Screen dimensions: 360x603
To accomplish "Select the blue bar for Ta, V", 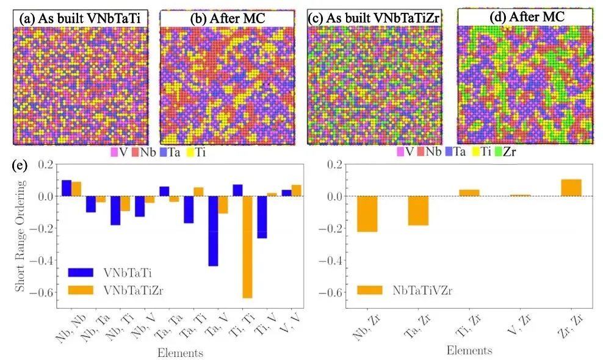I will coord(212,231).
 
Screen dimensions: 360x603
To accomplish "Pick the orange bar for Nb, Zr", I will coord(367,214).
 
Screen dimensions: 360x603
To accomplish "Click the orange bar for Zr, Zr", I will coord(571,188).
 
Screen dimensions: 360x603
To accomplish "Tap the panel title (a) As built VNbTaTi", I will coord(80,18).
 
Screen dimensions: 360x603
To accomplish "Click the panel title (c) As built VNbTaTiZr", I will coord(374,18).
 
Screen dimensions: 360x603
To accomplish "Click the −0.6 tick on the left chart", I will coord(43,292).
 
